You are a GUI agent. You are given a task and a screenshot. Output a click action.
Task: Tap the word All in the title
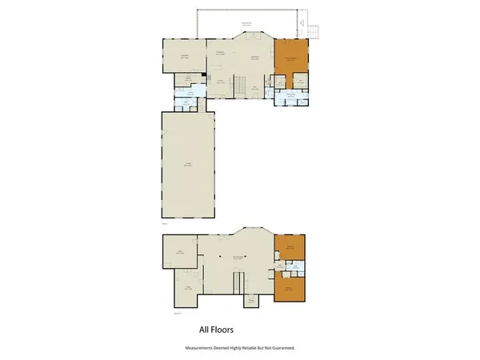[x=204, y=328]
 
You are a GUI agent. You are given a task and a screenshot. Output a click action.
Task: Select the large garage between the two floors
[x=189, y=166]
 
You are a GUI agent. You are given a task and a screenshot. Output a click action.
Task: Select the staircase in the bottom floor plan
[x=237, y=282]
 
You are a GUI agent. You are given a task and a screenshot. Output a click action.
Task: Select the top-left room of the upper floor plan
[x=183, y=55]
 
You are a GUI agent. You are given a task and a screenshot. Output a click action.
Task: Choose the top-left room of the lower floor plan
[x=181, y=254]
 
